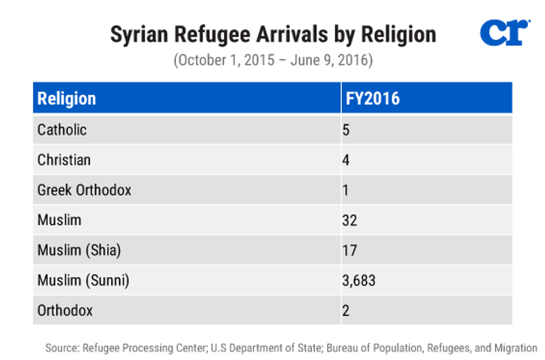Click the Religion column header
tap(66, 98)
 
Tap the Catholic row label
tap(62, 130)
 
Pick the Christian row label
tap(63, 160)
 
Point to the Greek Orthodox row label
tap(84, 190)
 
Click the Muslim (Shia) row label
tap(78, 250)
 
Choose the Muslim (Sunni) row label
tap(83, 280)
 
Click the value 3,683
tap(359, 280)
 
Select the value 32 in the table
tap(350, 220)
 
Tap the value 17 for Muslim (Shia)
tap(349, 250)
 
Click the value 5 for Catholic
tap(346, 130)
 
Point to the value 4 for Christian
tap(346, 160)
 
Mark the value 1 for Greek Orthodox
tap(346, 190)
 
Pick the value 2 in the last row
tap(346, 310)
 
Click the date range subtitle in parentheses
tap(272, 60)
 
